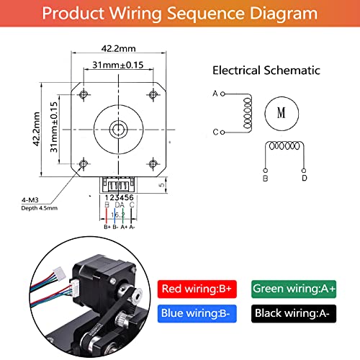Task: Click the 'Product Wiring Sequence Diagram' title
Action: click(x=179, y=14)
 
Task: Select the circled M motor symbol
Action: click(x=281, y=113)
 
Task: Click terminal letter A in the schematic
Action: click(x=215, y=94)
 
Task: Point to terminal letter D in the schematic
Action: click(x=304, y=178)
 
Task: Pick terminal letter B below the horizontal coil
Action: click(x=265, y=178)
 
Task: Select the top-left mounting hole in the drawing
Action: click(x=84, y=94)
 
